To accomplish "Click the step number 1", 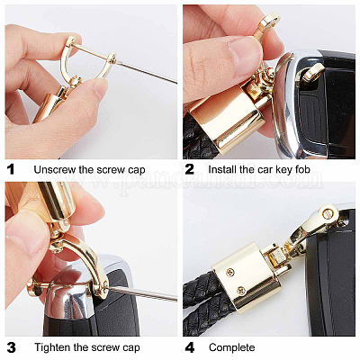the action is (11, 169).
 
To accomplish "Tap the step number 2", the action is (190, 169).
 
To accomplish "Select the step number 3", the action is (11, 347).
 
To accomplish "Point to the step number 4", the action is (190, 347).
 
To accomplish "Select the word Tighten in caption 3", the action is (53, 347).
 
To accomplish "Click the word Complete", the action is (232, 348).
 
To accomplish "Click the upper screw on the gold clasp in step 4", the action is (230, 273).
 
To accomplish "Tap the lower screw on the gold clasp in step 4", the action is (241, 290).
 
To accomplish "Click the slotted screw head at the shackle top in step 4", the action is (328, 213).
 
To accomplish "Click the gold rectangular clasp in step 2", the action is (227, 120).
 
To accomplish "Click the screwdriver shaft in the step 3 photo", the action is (142, 292).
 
